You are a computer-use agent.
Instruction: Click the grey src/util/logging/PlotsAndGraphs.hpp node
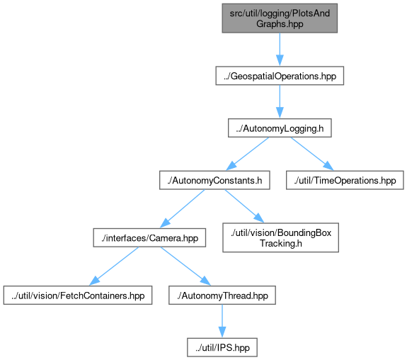click(x=280, y=18)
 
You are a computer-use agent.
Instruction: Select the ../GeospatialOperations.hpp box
click(x=280, y=76)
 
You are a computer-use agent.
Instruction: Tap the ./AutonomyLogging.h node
click(x=280, y=128)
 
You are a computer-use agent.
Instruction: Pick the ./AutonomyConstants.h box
click(x=214, y=180)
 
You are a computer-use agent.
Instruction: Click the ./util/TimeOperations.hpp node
click(x=345, y=180)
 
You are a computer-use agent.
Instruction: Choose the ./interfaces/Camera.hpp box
click(x=149, y=237)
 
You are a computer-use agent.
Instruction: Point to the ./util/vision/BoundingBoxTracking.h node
click(x=280, y=237)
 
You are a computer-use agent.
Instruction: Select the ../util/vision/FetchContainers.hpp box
click(x=78, y=295)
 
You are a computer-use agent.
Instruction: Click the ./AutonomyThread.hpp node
click(x=222, y=295)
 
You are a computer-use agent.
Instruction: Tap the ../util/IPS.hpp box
click(x=222, y=347)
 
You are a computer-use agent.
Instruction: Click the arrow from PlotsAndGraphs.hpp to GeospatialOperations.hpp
click(x=280, y=50)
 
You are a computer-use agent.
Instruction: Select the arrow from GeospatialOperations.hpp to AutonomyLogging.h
click(x=280, y=101)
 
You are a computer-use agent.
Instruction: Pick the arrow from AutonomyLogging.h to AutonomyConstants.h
click(x=247, y=154)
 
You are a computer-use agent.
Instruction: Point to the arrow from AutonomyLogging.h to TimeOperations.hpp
click(x=312, y=154)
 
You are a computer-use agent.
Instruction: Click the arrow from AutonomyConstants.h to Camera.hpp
click(x=182, y=209)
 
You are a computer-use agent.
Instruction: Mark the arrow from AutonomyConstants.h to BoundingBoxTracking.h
click(x=244, y=206)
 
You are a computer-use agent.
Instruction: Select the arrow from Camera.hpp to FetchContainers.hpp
click(x=114, y=266)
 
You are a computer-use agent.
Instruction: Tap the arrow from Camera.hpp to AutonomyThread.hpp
click(x=185, y=266)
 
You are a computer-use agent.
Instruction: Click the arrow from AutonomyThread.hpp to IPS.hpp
click(x=222, y=321)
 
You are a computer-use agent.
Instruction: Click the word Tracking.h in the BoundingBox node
click(x=281, y=243)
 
